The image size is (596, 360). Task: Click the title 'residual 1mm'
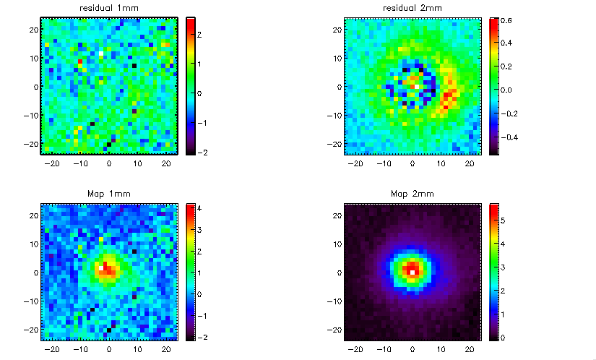click(x=108, y=8)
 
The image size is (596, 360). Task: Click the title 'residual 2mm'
click(x=412, y=8)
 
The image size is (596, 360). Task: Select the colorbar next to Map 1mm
click(x=191, y=272)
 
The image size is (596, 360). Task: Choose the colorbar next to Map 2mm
click(x=494, y=272)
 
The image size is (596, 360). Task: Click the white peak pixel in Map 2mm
click(x=413, y=271)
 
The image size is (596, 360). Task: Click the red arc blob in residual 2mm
click(x=449, y=97)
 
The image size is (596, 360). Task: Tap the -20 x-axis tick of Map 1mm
click(x=53, y=348)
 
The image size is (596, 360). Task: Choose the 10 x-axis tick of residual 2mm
click(x=440, y=163)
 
